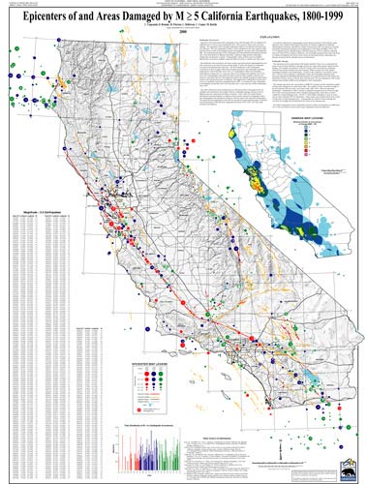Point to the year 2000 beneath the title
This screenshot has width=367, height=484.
coord(183,36)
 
